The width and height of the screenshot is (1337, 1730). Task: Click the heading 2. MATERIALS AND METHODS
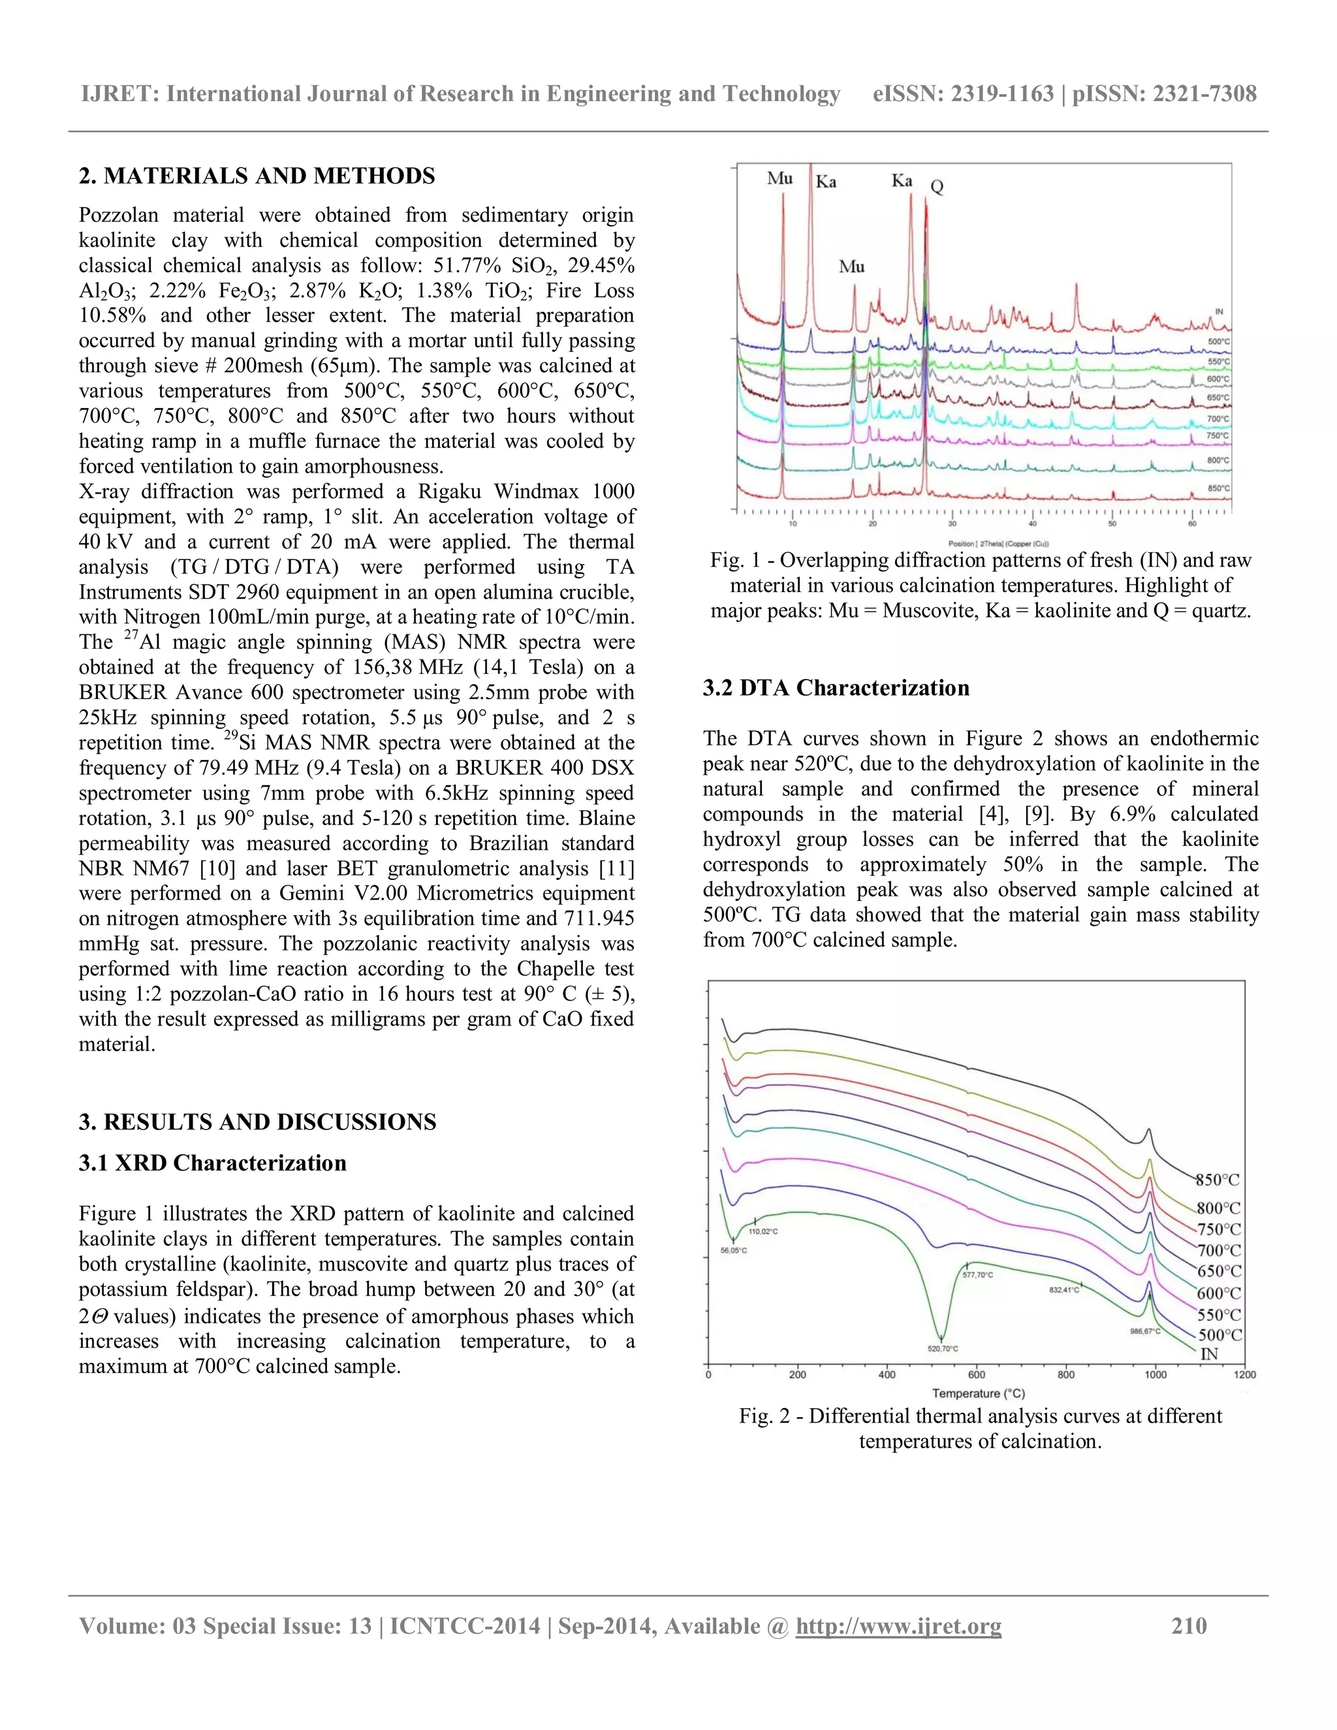click(x=257, y=176)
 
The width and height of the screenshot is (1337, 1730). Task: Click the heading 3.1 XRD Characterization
click(x=212, y=1163)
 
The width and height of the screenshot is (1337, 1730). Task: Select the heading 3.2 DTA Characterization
click(x=836, y=687)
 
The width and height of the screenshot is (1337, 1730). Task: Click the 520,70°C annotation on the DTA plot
click(x=943, y=1348)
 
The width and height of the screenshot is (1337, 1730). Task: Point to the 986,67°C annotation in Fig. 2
click(x=1144, y=1332)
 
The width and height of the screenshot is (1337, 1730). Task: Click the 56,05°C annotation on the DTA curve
click(x=733, y=1250)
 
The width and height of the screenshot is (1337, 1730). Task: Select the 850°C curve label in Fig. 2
click(x=1218, y=1180)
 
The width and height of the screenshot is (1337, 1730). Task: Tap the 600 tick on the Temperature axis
click(x=977, y=1375)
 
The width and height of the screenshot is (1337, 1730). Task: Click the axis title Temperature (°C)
click(x=978, y=1393)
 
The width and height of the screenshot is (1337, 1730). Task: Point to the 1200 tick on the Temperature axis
click(x=1244, y=1375)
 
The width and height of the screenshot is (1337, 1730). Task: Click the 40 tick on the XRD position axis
click(x=1033, y=524)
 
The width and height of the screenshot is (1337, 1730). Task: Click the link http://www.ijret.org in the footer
click(x=898, y=1626)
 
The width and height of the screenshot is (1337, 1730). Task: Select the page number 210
click(x=1189, y=1626)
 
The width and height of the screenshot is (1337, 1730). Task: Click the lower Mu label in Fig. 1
click(x=851, y=267)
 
